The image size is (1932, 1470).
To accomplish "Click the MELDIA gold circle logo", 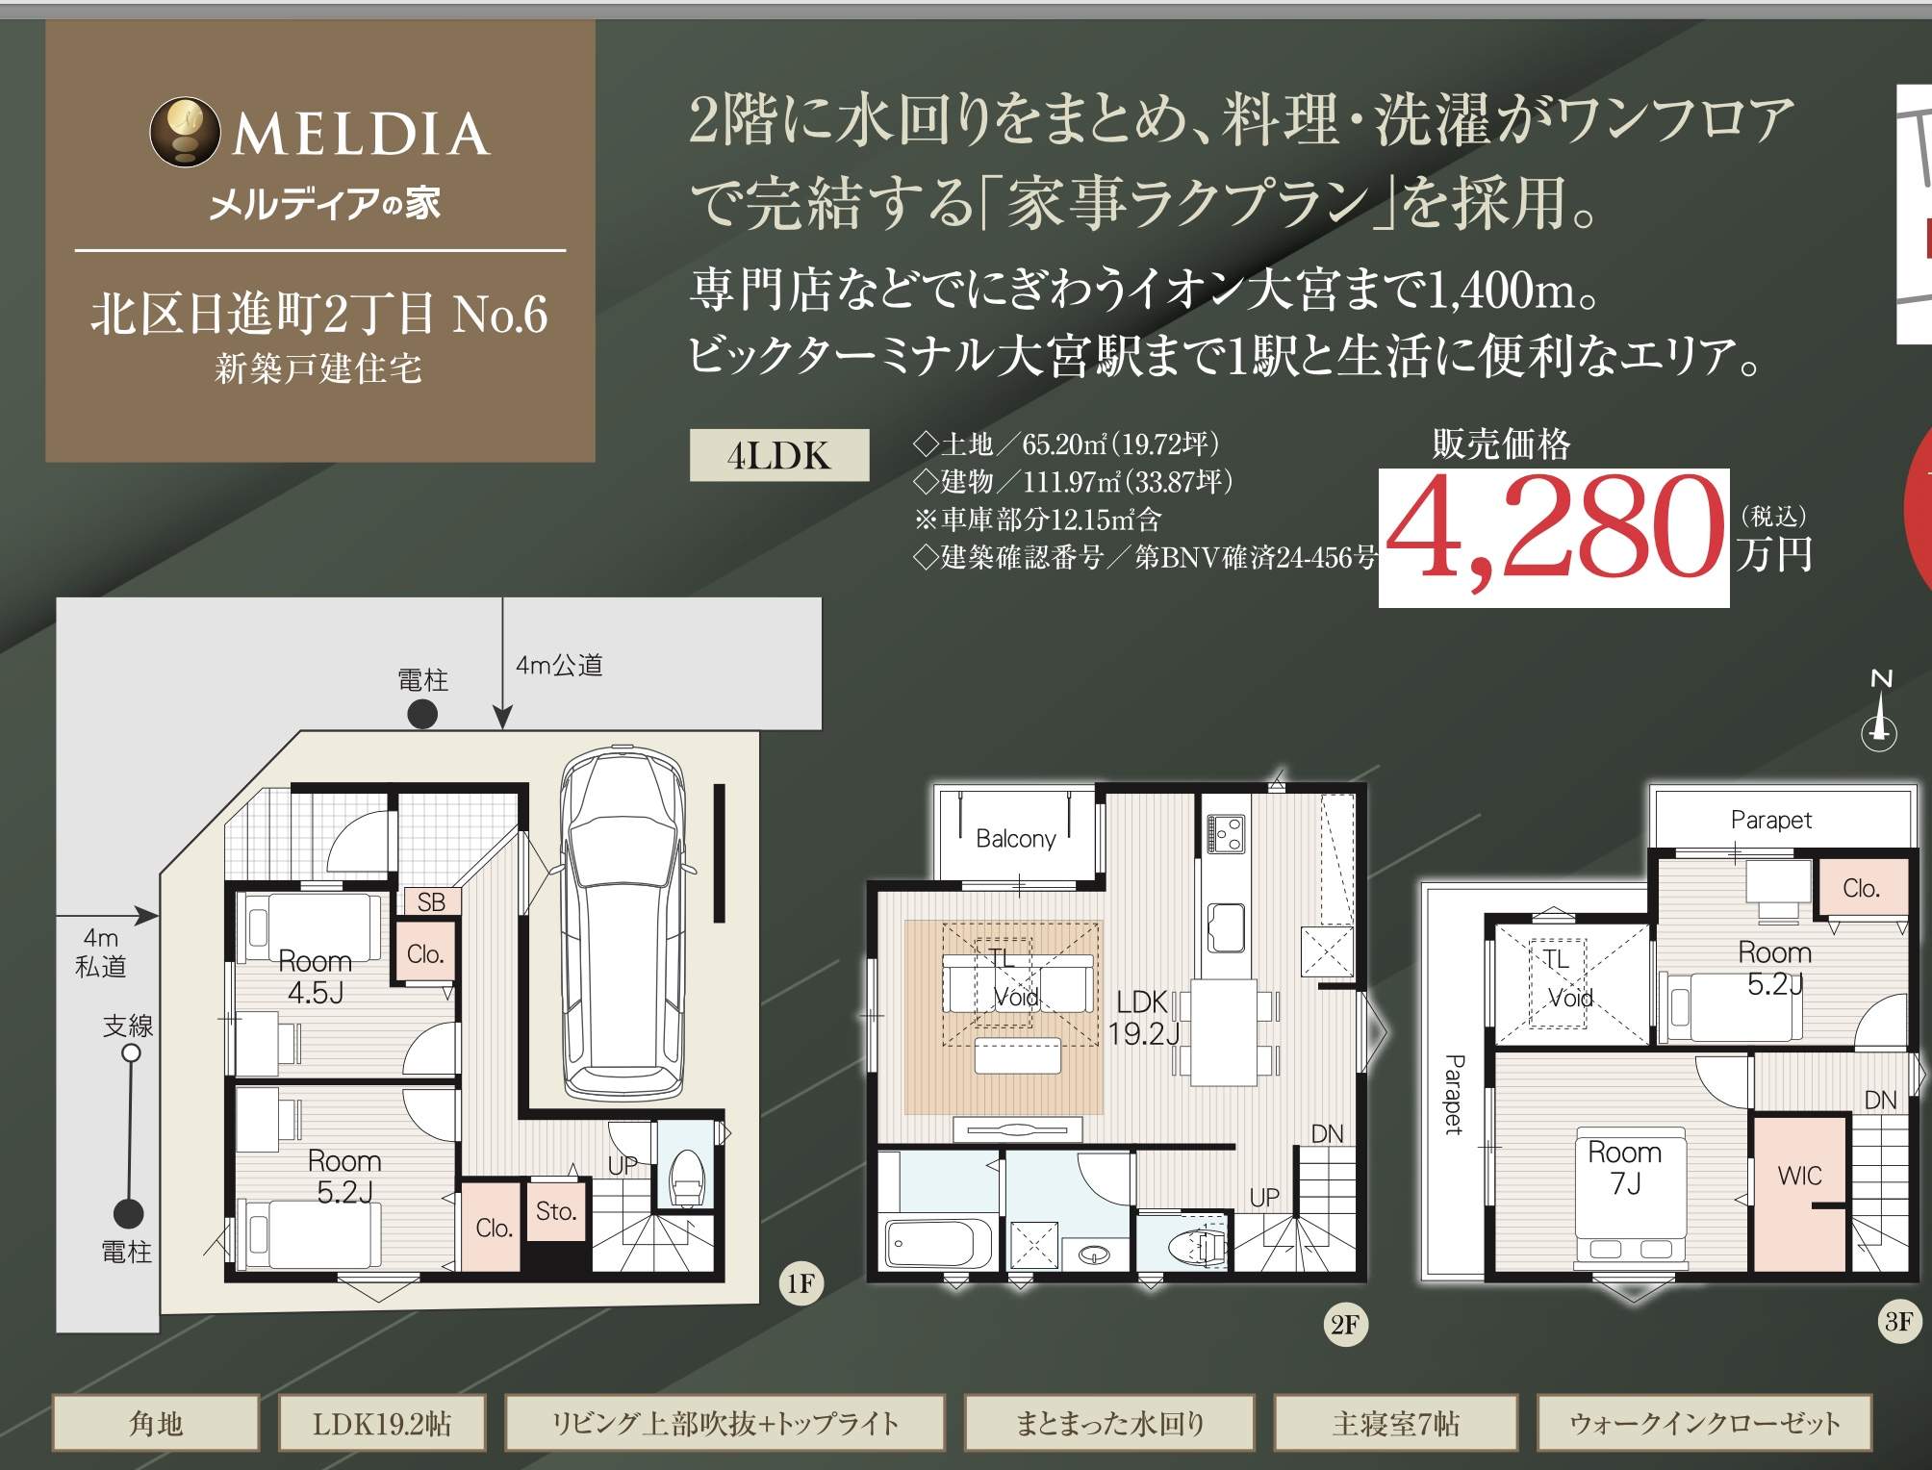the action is coord(184,132).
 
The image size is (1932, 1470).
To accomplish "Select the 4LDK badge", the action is coord(779,455).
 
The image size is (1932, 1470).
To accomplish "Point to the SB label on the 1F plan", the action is coord(431,901).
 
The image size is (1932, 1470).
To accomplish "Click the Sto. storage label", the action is coord(556,1211).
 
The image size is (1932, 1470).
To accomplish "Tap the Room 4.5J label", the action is coord(316,976).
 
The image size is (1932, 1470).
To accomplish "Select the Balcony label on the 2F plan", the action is coord(1016,839).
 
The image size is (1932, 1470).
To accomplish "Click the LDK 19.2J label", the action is coord(1143,1018).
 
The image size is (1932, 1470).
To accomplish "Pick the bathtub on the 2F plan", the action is coord(938,1246).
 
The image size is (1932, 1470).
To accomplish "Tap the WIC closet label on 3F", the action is coord(1799,1176).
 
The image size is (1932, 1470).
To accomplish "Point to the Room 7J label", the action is coord(1625,1167).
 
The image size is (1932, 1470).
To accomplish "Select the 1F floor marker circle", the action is coord(801,1283).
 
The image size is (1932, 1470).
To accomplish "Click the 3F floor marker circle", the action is coord(1899,1321).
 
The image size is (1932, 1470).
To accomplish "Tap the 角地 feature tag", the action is coord(156,1422).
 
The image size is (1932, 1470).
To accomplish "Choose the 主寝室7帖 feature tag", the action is coord(1396,1422).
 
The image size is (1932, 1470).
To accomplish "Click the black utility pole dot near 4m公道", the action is coord(422,714).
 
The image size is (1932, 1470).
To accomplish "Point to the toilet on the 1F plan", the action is coord(687,1177).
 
